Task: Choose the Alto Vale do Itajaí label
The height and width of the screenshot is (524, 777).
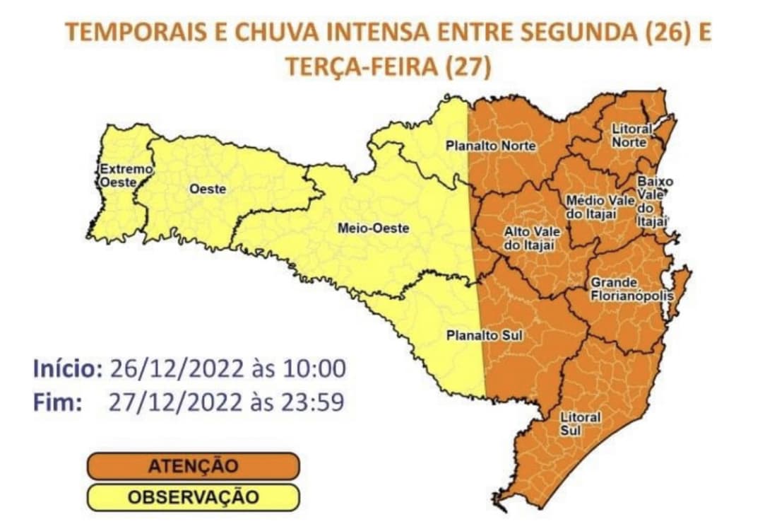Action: point(528,238)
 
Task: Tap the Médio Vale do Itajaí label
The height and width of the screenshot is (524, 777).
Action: point(592,207)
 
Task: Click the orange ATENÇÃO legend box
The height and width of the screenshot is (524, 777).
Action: point(194,466)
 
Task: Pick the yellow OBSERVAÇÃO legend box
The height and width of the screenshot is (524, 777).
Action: point(194,497)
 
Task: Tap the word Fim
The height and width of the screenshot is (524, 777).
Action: point(58,402)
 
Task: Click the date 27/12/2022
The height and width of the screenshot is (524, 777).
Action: point(171,402)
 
